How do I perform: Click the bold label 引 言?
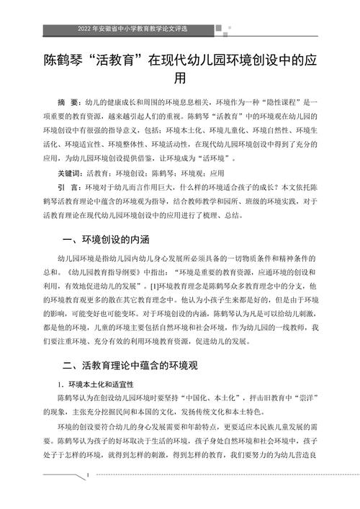click(x=69, y=188)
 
